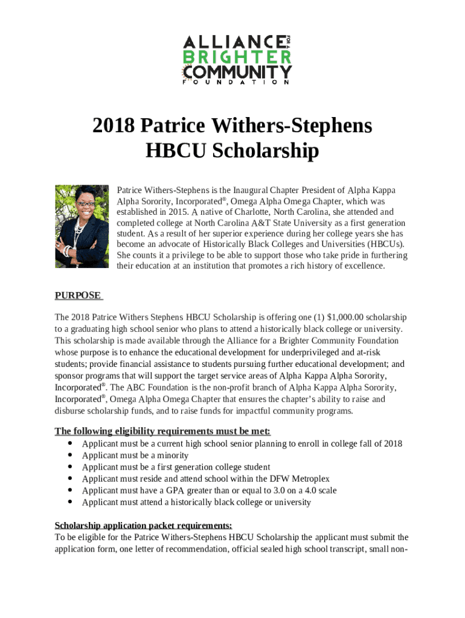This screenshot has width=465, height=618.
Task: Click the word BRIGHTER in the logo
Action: pos(237,57)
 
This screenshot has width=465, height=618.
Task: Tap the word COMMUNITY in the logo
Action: pos(237,73)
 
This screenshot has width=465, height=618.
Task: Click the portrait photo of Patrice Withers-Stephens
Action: pos(82,226)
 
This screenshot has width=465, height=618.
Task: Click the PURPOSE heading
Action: pos(77,295)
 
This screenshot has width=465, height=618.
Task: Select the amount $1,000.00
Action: pos(346,317)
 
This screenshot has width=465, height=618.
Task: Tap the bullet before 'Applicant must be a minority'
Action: pos(70,456)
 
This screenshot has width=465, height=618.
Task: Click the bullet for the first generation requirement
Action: pos(70,467)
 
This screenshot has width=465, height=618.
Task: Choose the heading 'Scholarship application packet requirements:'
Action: pos(143,525)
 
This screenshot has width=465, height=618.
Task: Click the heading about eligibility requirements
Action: pos(162,431)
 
